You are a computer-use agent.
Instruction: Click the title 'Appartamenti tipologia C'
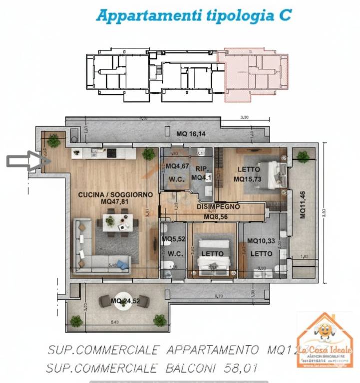point(193,15)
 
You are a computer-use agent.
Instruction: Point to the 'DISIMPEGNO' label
point(218,206)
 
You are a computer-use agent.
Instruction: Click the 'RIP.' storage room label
point(201,168)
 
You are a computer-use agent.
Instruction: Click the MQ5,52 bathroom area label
point(173,239)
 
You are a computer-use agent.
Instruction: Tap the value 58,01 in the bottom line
point(247,369)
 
